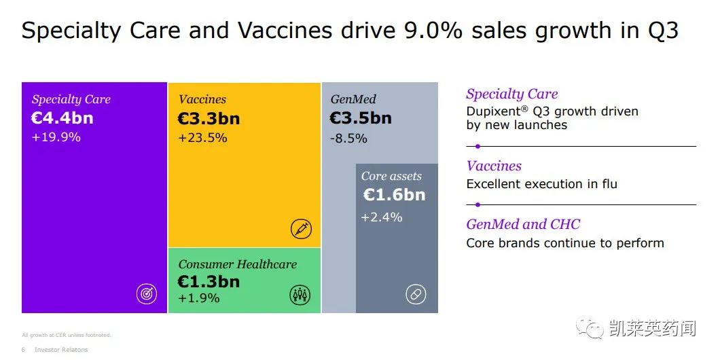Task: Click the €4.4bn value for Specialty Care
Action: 62,118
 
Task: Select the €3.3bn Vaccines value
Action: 209,119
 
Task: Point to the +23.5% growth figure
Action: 202,138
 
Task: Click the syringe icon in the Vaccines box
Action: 301,230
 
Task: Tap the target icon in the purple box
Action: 147,294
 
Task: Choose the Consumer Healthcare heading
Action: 238,264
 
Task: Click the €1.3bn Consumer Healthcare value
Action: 209,281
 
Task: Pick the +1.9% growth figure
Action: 199,298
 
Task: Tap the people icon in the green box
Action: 300,294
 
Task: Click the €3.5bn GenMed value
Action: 361,118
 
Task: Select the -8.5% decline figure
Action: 348,138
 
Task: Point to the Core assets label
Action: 391,176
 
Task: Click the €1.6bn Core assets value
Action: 394,195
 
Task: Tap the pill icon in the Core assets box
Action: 416,294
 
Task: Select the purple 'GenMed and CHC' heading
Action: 523,224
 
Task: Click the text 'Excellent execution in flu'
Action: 541,184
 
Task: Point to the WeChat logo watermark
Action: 589,329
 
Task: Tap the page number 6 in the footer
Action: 23,350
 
